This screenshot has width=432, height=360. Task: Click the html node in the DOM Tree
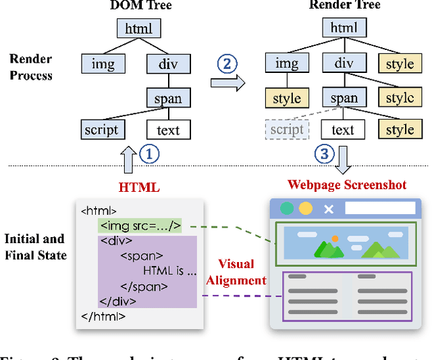tap(139, 28)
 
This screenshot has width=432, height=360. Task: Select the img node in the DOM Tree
tap(103, 64)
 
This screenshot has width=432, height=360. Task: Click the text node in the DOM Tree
tap(168, 130)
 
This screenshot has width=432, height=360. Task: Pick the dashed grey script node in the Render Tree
tap(287, 130)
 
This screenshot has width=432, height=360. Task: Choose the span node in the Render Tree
tap(344, 97)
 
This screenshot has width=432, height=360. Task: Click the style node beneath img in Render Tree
tap(287, 97)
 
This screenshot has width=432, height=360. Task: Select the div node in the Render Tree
tap(344, 64)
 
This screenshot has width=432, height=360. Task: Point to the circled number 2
tap(227, 64)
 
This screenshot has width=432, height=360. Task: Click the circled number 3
tap(325, 154)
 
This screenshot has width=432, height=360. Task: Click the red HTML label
tap(140, 187)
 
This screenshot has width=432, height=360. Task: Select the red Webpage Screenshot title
tap(347, 184)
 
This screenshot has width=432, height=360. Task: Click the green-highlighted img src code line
tap(140, 226)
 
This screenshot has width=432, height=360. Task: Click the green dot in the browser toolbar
tap(288, 209)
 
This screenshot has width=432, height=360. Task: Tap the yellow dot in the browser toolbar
tap(306, 209)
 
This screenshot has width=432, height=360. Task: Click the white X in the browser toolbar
tap(329, 209)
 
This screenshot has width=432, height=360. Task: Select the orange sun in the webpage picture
tap(335, 238)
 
